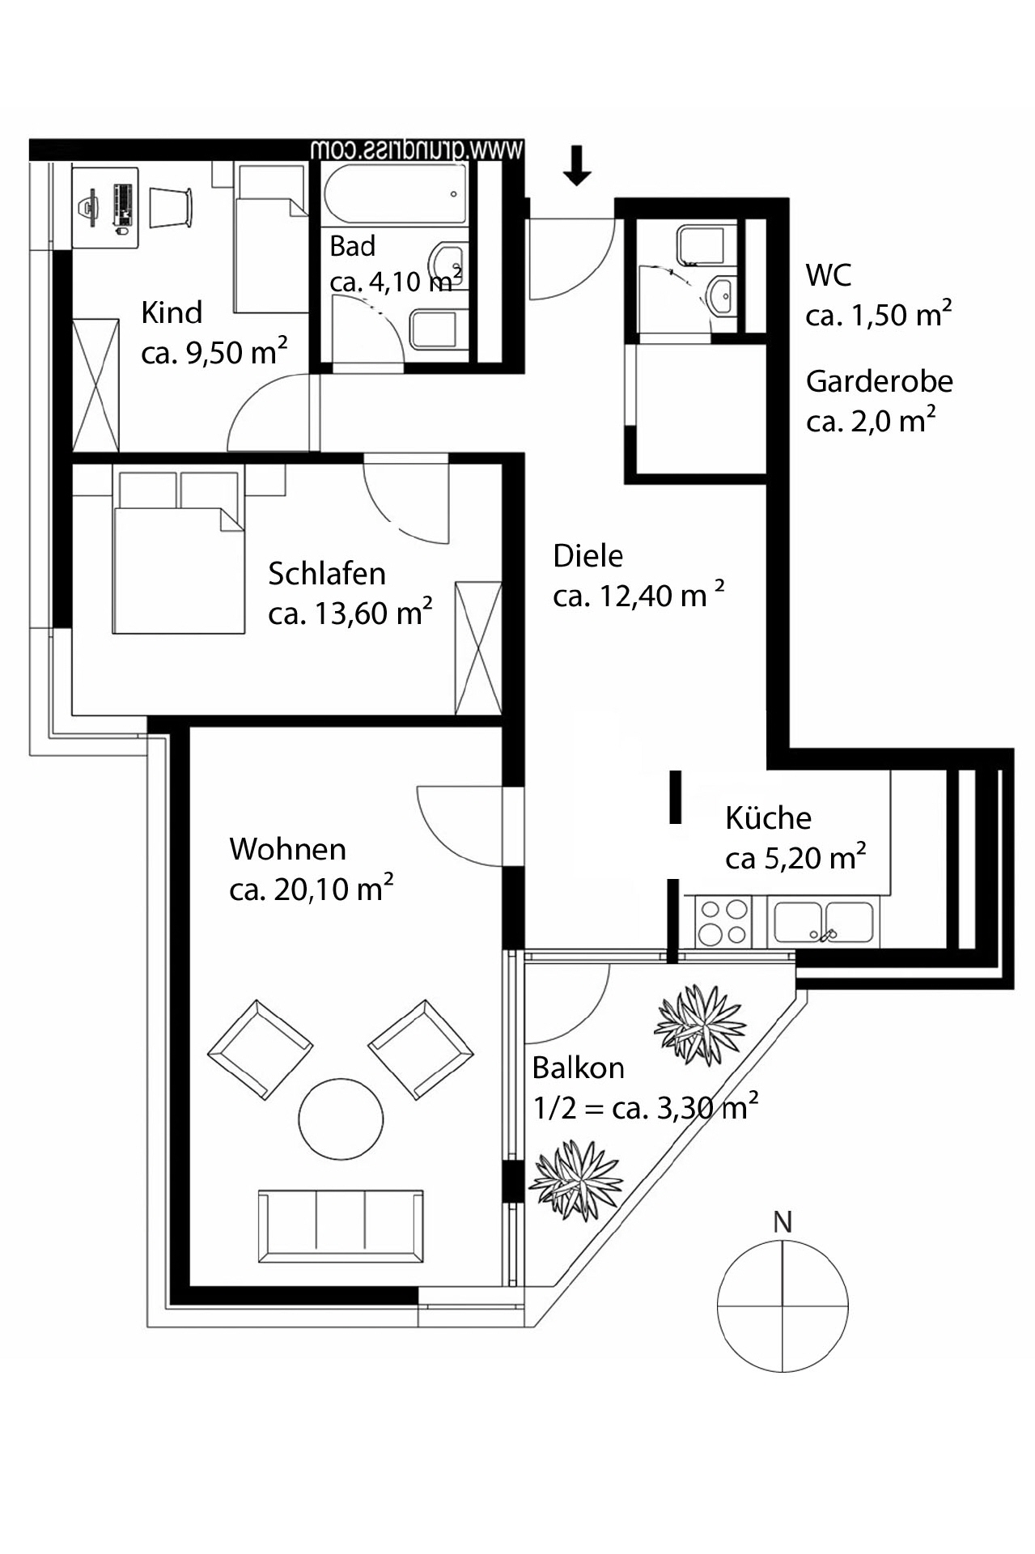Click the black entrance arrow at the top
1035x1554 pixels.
click(576, 166)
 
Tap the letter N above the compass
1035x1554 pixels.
click(782, 1222)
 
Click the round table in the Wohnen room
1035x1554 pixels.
click(341, 1120)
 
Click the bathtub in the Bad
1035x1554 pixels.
click(395, 193)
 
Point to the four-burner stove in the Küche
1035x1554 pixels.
click(723, 922)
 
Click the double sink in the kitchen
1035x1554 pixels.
click(824, 923)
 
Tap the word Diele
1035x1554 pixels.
click(587, 556)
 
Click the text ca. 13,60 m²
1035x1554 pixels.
click(350, 613)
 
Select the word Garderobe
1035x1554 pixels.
click(879, 381)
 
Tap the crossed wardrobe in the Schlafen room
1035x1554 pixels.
click(478, 647)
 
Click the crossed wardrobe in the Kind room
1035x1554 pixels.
click(95, 385)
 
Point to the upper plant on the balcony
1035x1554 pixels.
click(699, 1024)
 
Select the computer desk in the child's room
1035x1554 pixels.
click(105, 207)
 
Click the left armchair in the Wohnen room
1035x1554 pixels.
click(260, 1049)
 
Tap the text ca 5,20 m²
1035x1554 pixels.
click(795, 858)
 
